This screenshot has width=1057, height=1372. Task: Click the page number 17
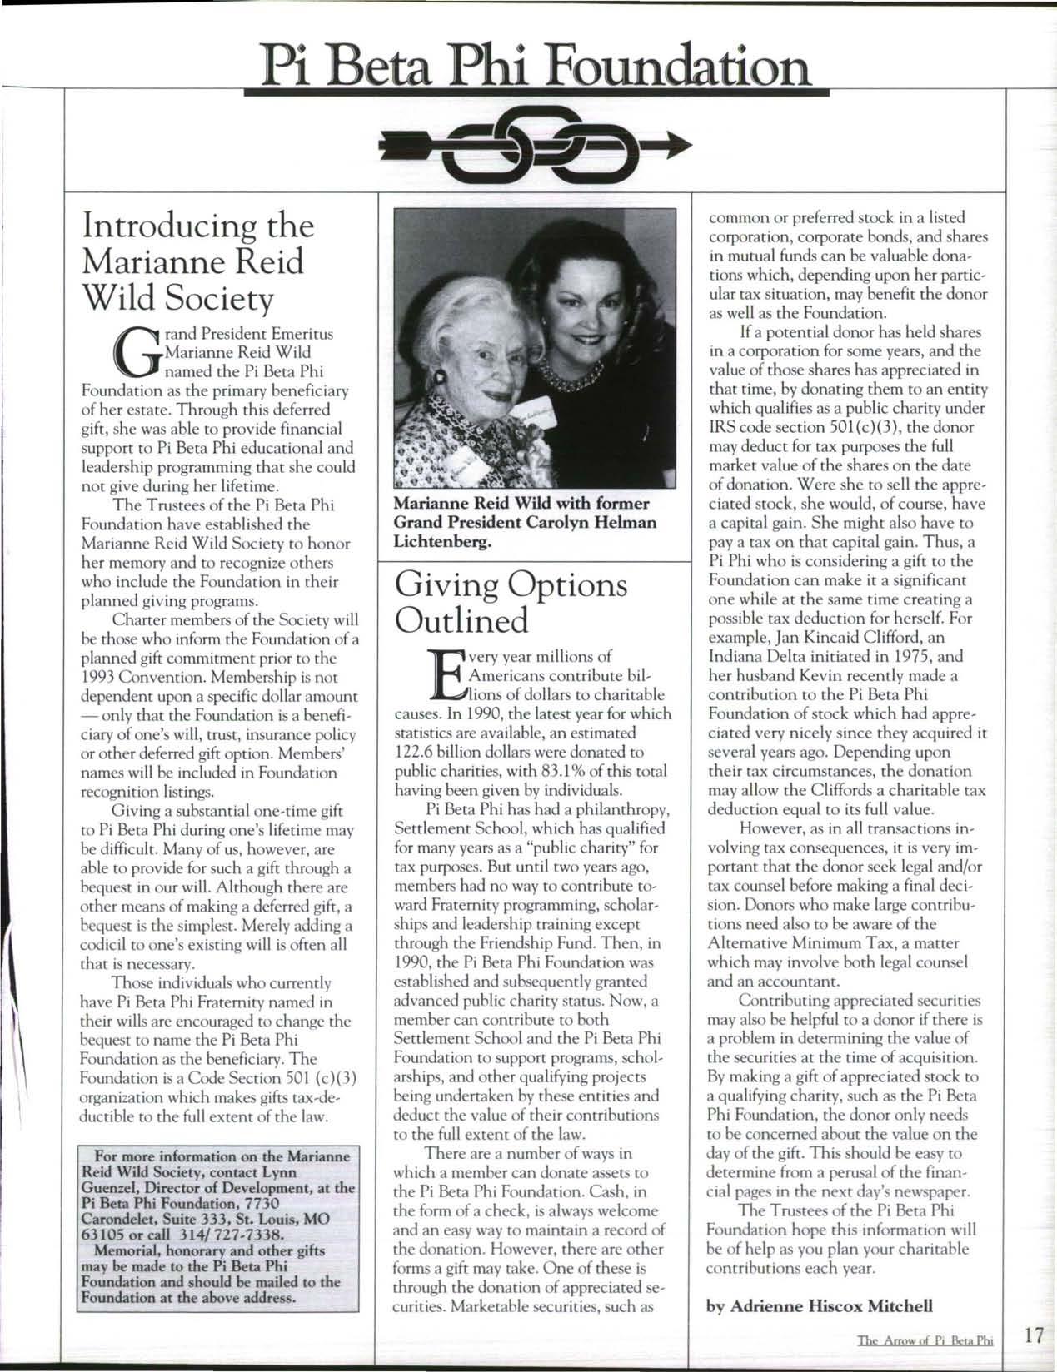1034,1336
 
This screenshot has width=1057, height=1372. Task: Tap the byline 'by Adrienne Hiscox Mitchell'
820,1305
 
